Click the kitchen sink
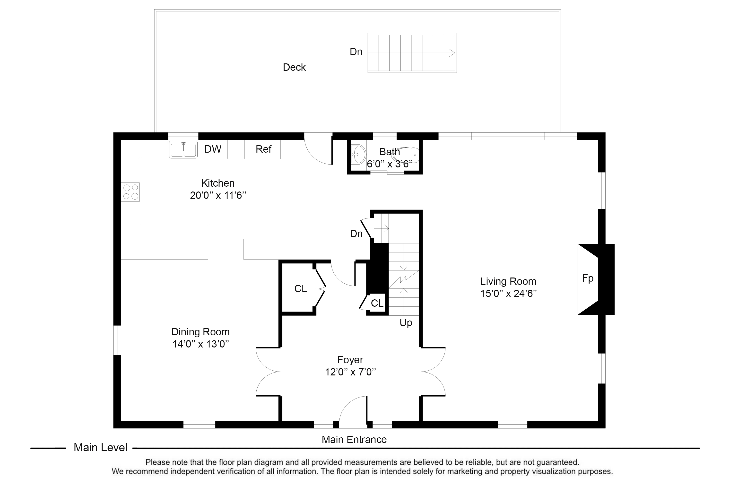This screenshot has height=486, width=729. pos(183,149)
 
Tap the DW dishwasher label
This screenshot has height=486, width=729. pos(213,149)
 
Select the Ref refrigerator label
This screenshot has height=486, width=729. pos(263,149)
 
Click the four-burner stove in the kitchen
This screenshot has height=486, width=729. pos(130,192)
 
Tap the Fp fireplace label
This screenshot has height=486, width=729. pos(588,278)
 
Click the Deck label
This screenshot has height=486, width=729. pos(294,67)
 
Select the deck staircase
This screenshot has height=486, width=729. pos(412,53)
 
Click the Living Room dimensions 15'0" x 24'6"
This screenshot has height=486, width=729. pos(508,293)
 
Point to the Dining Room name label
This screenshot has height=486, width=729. pos(200,332)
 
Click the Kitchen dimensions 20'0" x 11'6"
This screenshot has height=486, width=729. pos(218,195)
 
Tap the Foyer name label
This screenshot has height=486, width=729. pos(350,360)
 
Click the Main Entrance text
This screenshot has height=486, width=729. pos(354,440)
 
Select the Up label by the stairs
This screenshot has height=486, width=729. pos(406,323)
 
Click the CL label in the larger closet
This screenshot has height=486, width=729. pos(301,289)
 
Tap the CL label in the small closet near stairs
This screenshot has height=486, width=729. pos(377,303)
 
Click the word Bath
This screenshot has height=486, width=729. pos(390,152)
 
